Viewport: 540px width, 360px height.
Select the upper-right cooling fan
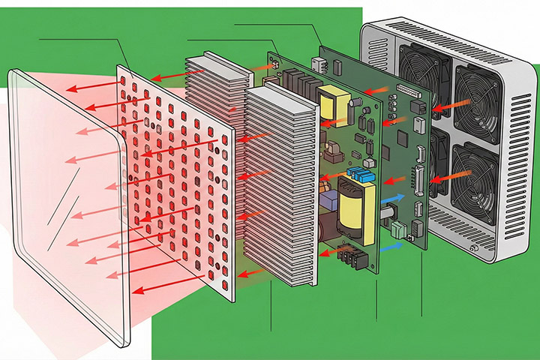click(471, 96)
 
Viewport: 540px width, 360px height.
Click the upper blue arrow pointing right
click(395, 199)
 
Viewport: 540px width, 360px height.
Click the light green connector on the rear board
click(397, 229)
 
